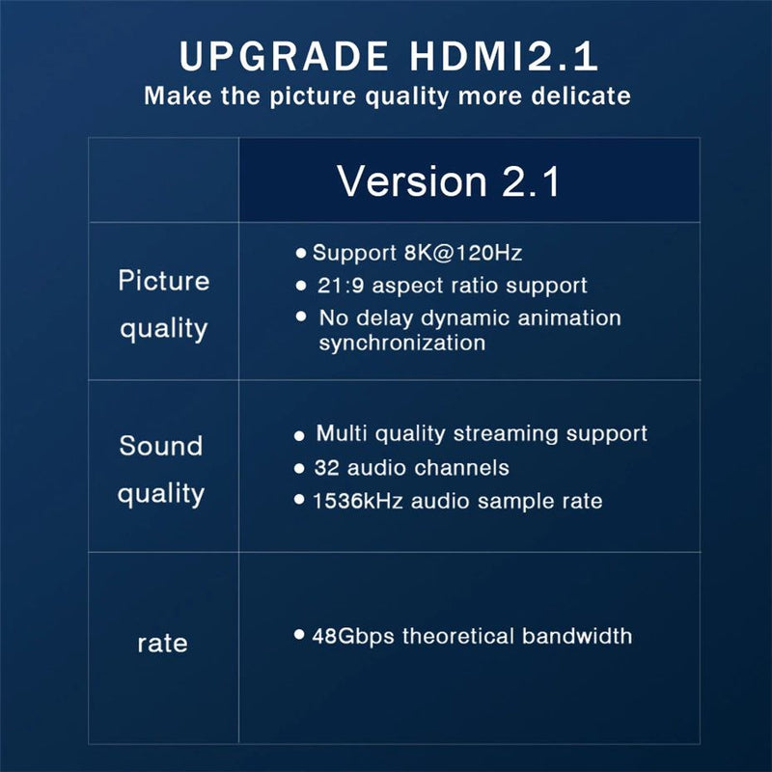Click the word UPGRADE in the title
[x=284, y=56]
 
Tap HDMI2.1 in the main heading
[x=504, y=56]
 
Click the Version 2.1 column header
[x=449, y=181]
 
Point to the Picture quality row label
[x=163, y=305]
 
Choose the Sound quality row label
[x=161, y=470]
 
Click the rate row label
[x=162, y=644]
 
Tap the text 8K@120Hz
[x=463, y=253]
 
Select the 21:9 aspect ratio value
[x=341, y=286]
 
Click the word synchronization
[x=402, y=343]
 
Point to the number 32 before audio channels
[x=326, y=468]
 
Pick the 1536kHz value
[x=357, y=501]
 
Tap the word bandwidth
[x=576, y=636]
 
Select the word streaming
[x=506, y=434]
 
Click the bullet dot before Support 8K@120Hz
[x=301, y=253]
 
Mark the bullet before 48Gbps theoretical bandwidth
[x=299, y=634]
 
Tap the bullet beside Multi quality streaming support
[x=299, y=435]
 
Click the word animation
[x=568, y=317]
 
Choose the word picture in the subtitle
[x=312, y=96]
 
